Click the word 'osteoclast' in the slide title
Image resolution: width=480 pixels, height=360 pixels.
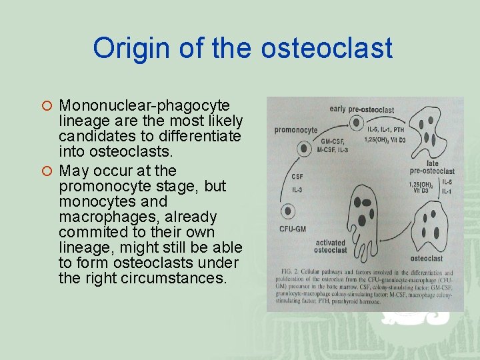click(326, 49)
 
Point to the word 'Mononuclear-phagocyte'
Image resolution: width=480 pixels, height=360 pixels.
click(144, 106)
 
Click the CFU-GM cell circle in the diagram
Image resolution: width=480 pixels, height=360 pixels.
click(289, 211)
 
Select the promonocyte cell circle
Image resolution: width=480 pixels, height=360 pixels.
click(304, 149)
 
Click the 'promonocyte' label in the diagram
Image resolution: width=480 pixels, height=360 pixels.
click(296, 129)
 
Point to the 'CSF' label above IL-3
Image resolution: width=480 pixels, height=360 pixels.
click(297, 177)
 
